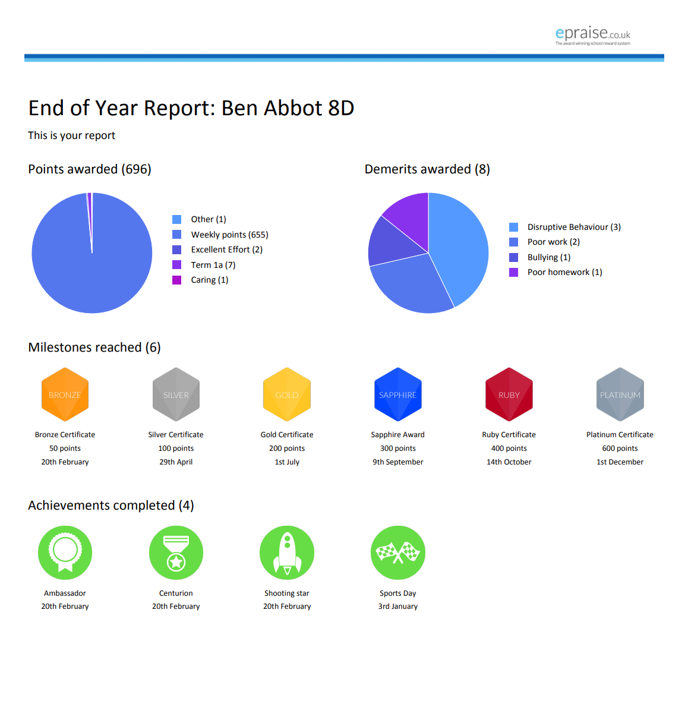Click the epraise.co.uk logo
tap(593, 36)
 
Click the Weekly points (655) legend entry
tap(220, 235)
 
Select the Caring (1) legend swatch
tap(177, 280)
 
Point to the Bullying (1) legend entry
tap(540, 257)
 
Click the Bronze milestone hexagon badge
tap(65, 394)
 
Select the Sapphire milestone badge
tap(397, 394)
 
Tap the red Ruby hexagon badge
tap(509, 394)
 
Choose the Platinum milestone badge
tap(620, 394)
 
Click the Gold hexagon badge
tap(287, 394)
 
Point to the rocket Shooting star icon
tap(287, 552)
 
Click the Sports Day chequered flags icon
tap(397, 552)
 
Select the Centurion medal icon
tap(176, 552)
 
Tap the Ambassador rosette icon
tap(65, 552)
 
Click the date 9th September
tap(397, 462)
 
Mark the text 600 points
tap(620, 448)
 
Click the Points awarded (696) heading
tap(90, 169)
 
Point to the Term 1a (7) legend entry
tap(204, 265)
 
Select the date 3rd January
tap(397, 606)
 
